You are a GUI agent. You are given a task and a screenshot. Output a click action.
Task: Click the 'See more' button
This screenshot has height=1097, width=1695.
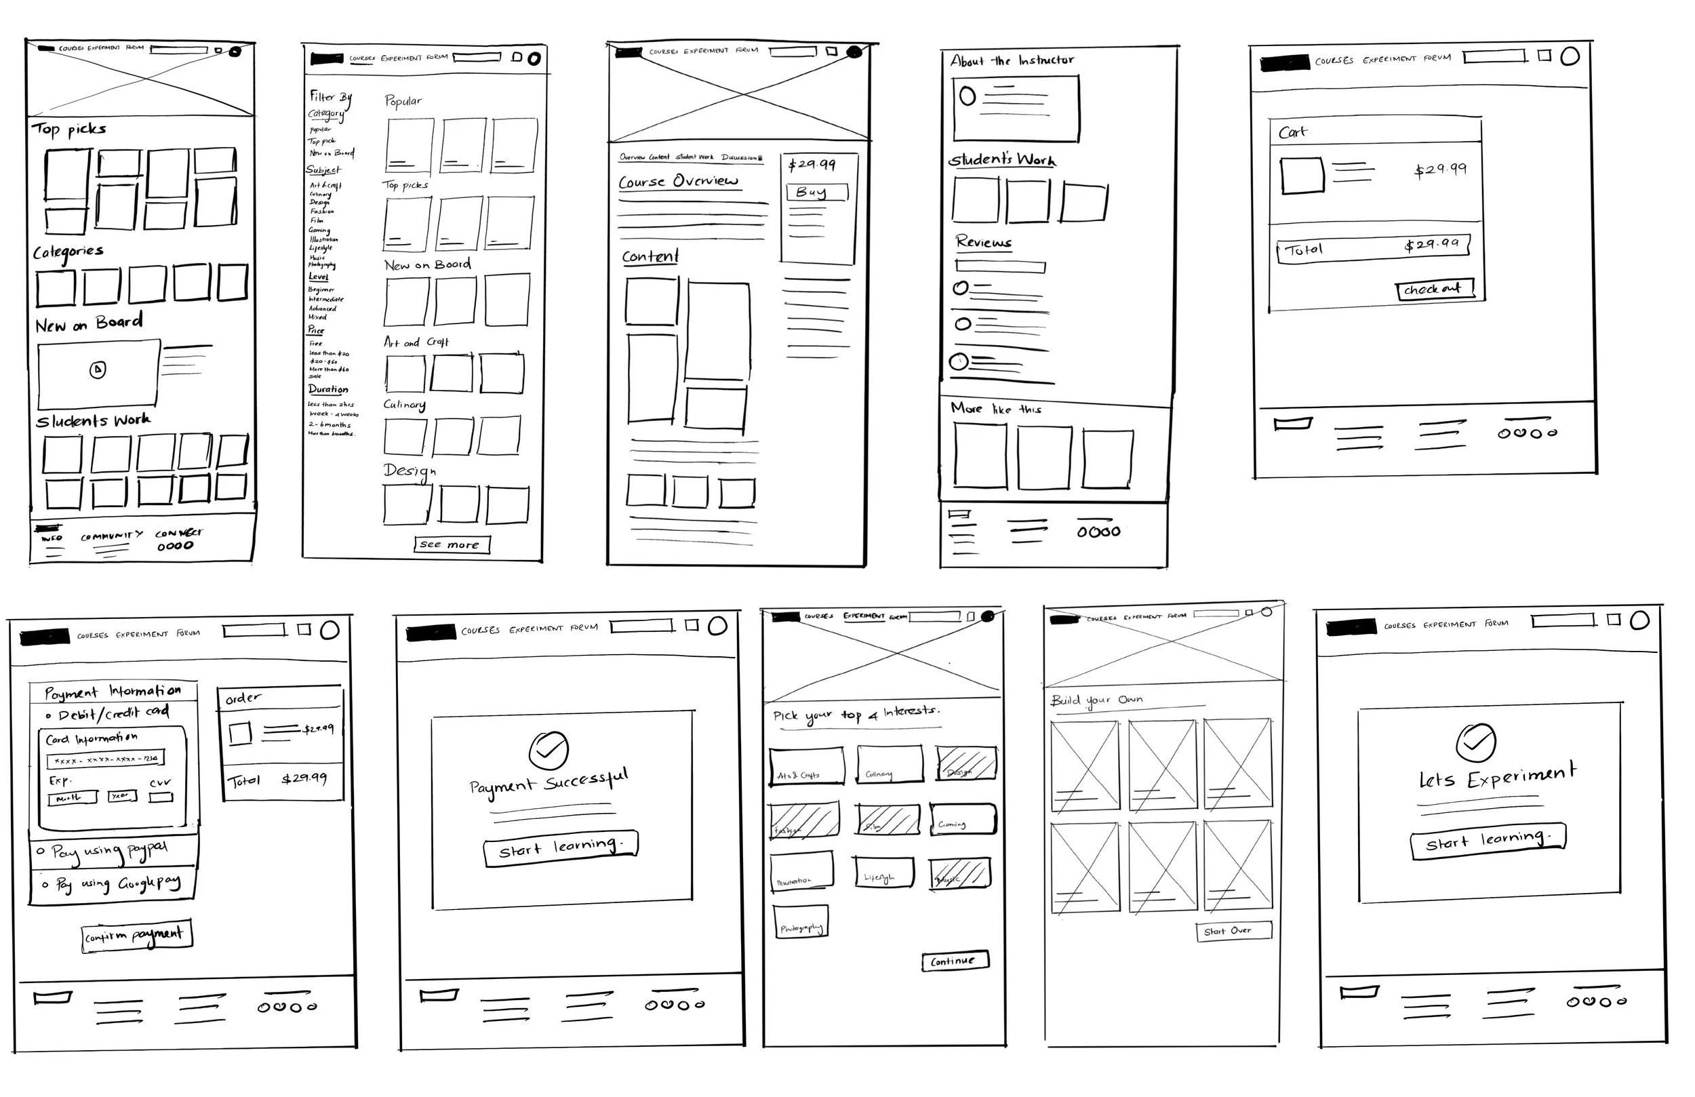tap(452, 545)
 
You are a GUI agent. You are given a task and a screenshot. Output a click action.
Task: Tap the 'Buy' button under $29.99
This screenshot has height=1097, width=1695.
tap(817, 193)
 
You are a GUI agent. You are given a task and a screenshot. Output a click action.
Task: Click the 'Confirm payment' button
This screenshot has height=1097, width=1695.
tap(137, 936)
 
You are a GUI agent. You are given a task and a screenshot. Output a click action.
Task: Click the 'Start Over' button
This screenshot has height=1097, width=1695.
tap(1233, 931)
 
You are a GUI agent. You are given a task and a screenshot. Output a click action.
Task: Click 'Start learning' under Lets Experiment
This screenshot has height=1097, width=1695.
tap(1487, 843)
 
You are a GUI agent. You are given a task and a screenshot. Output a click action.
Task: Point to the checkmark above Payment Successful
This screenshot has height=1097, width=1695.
tap(549, 750)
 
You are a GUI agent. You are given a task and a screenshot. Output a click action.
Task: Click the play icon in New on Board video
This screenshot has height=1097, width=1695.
tap(98, 370)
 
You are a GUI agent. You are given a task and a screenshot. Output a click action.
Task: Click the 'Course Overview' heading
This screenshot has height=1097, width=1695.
tap(678, 182)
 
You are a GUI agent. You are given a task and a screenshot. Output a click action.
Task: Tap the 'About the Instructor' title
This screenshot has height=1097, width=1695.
tap(1012, 60)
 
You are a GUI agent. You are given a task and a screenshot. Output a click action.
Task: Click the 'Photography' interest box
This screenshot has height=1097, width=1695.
tap(801, 923)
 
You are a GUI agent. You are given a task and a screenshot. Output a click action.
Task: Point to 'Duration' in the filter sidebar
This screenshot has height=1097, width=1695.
tap(328, 390)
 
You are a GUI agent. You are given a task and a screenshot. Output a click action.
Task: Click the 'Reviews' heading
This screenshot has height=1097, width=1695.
tap(984, 242)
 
